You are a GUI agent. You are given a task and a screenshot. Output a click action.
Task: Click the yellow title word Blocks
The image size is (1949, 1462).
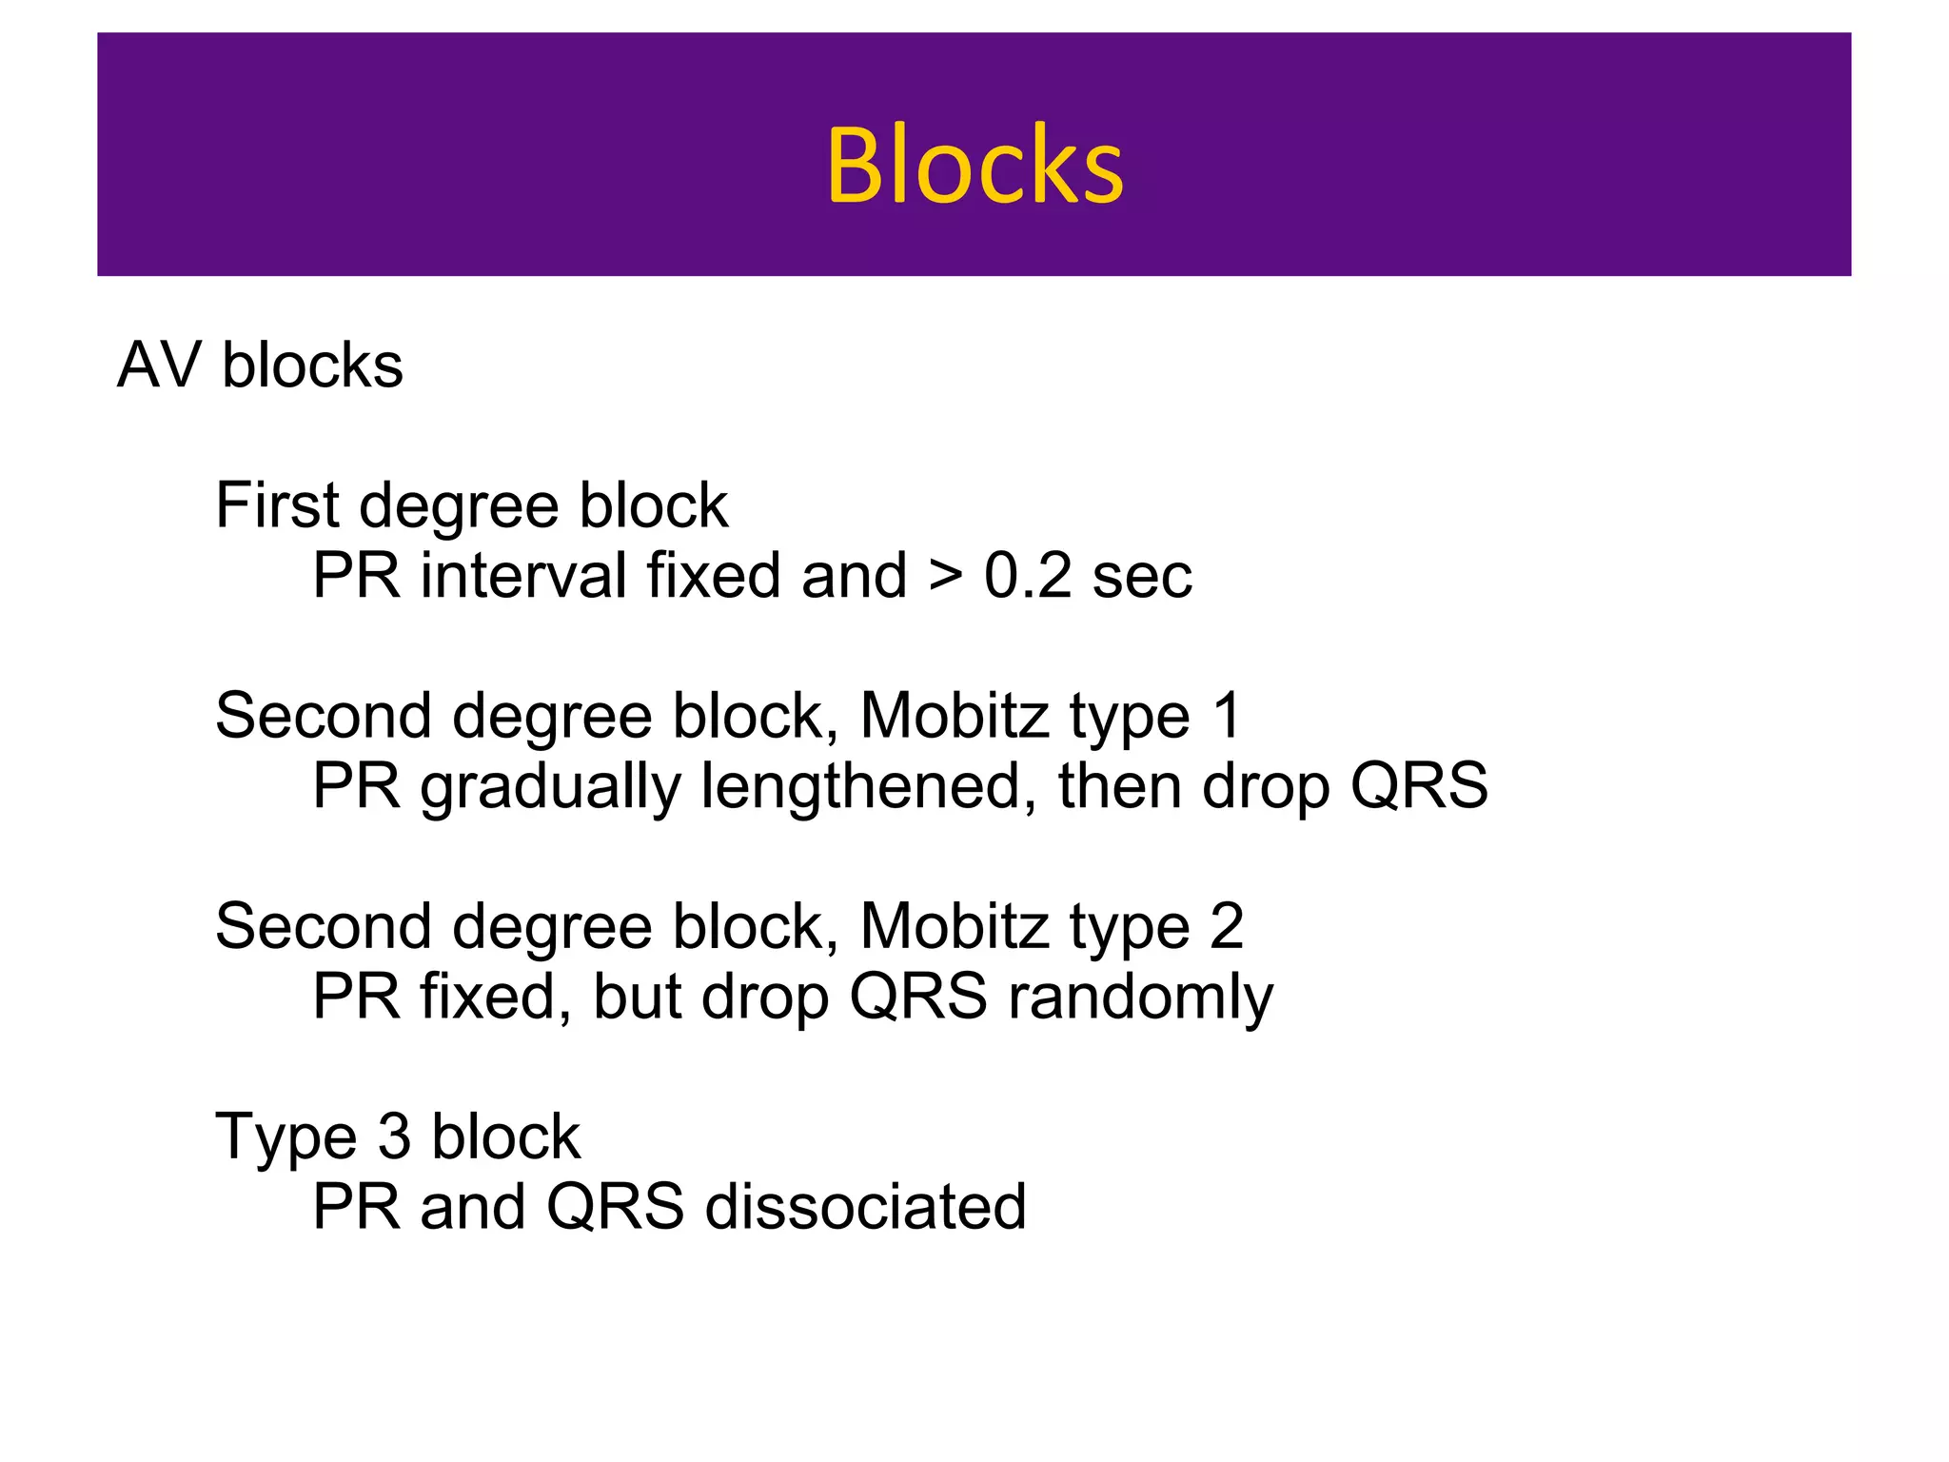point(974,166)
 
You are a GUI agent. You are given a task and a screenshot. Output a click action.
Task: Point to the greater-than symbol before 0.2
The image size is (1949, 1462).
point(945,578)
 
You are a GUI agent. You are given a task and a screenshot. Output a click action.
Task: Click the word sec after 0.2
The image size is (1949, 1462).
point(1142,578)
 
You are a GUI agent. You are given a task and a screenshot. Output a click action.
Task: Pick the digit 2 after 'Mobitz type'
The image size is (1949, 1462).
point(1227,926)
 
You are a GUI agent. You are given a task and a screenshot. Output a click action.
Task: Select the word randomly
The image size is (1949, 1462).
point(1139,998)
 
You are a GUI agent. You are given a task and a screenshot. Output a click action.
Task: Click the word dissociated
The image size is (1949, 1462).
point(865,1207)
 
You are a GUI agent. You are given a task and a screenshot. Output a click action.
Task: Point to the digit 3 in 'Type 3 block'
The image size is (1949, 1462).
point(394,1136)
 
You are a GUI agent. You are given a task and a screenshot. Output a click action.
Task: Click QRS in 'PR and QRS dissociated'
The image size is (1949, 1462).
point(615,1207)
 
